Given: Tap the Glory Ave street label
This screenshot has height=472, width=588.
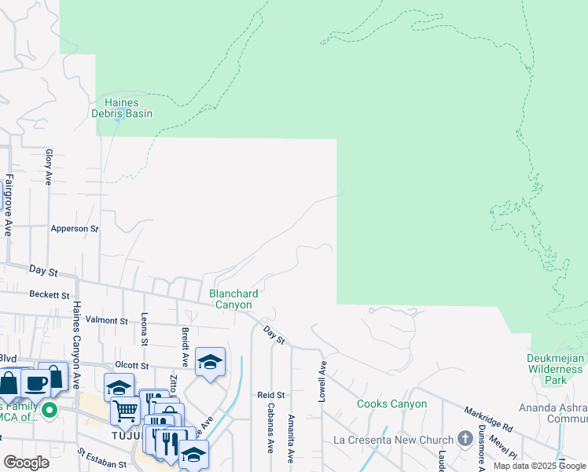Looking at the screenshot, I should pos(49,167).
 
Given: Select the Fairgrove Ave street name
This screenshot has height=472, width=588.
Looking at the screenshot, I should pos(9,205).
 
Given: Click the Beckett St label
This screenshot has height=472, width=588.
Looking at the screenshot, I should pos(50,295).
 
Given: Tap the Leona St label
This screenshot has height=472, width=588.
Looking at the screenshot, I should pos(145,331).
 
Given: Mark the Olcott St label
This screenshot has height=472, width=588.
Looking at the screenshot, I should pos(131,366).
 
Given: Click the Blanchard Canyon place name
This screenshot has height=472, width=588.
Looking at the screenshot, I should pos(230,299).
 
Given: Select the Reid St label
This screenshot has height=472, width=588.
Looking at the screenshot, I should pos(270,395).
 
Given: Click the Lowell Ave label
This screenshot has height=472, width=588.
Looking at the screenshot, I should pos(322,382).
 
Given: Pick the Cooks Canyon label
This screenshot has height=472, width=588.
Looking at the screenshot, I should pos(391,404).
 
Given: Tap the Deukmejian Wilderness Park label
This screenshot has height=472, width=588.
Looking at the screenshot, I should pos(553,369).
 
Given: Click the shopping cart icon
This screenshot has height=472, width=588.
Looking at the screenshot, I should pos(126,410).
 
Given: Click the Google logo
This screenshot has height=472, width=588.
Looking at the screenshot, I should pos(26,463).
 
